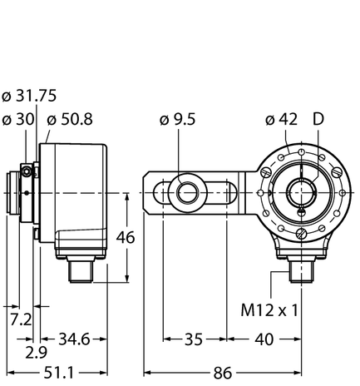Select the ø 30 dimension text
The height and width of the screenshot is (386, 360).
click(18, 120)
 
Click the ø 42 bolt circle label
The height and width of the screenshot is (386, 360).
click(280, 120)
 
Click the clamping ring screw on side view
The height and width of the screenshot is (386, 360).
click(28, 171)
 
